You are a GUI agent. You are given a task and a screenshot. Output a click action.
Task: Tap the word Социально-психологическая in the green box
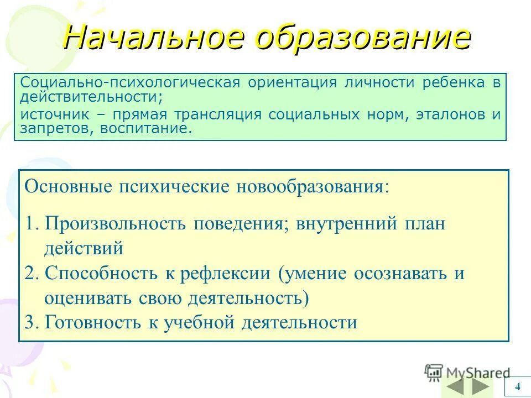[130, 83]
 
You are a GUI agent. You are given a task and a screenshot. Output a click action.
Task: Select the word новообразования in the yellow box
[313, 186]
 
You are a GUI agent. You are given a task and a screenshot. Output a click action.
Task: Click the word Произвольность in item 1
[118, 224]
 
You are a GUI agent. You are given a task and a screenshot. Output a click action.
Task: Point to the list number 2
[31, 274]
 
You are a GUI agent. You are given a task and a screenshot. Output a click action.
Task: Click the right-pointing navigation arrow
[481, 386]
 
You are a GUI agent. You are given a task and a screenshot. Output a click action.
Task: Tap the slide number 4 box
[517, 386]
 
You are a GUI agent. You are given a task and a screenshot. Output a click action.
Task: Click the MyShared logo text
[477, 372]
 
